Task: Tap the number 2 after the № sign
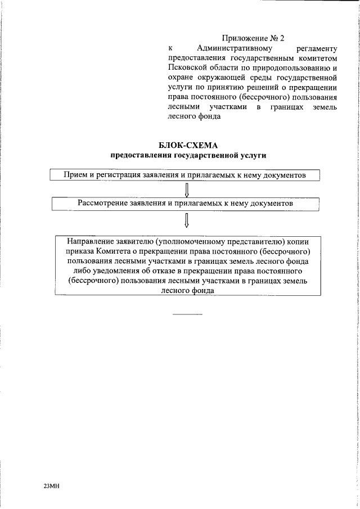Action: click(x=282, y=38)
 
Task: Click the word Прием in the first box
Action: click(x=76, y=175)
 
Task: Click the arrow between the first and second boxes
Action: click(x=187, y=188)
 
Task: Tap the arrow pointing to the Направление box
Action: click(x=187, y=218)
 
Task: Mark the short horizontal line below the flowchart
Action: click(x=187, y=313)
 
